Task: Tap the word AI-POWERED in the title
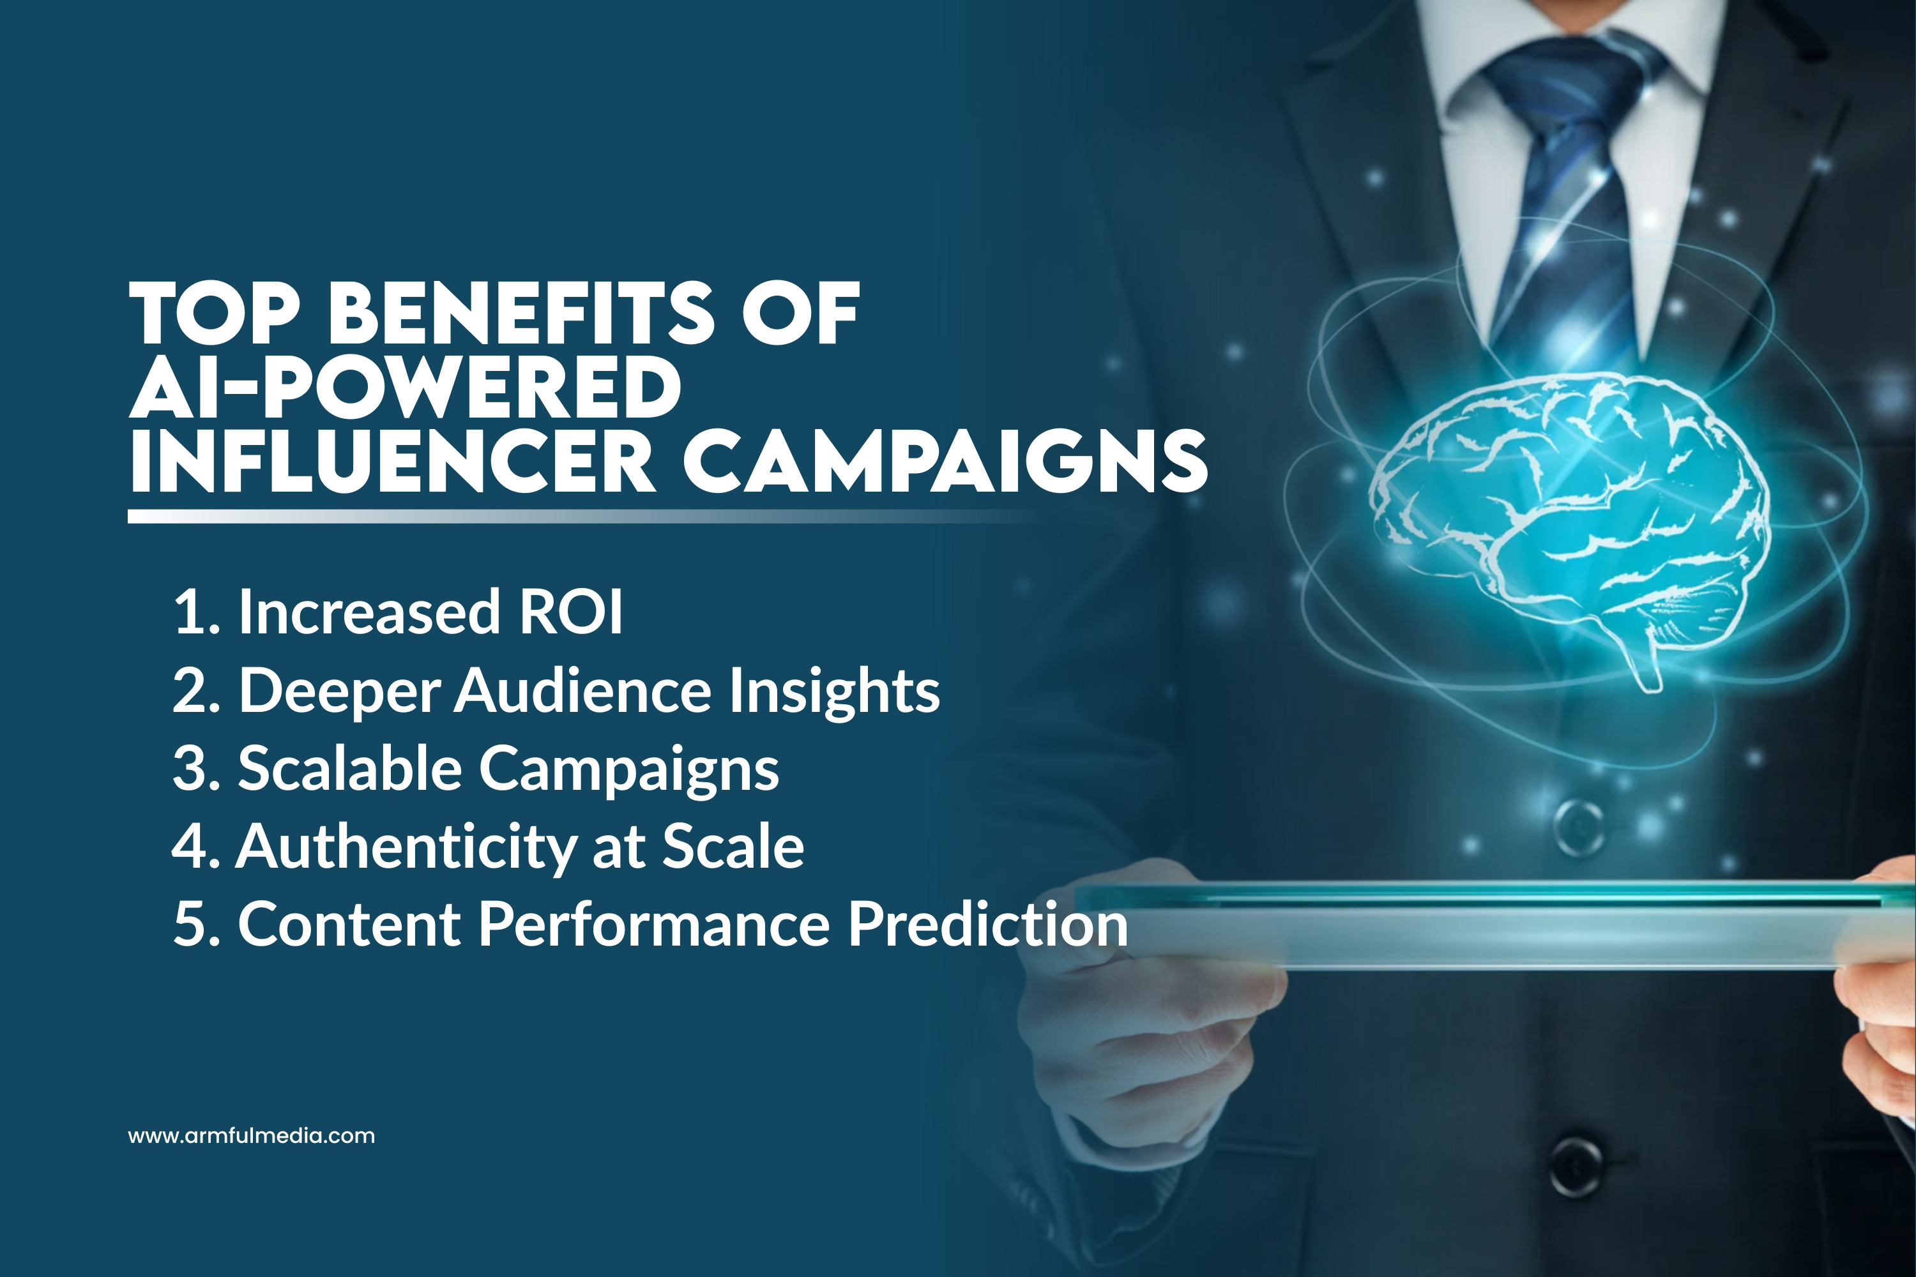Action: pyautogui.click(x=405, y=388)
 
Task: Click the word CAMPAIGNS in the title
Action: pyautogui.click(x=945, y=461)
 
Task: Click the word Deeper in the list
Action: pyautogui.click(x=339, y=691)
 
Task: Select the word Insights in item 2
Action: pyautogui.click(x=833, y=691)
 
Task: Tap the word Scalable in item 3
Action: pyautogui.click(x=349, y=768)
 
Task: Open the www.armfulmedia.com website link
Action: pyautogui.click(x=252, y=1136)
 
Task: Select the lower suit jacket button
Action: pyautogui.click(x=1576, y=1165)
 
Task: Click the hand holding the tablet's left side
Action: pyautogui.click(x=1141, y=1018)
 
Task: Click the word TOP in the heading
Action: pyautogui.click(x=214, y=314)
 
